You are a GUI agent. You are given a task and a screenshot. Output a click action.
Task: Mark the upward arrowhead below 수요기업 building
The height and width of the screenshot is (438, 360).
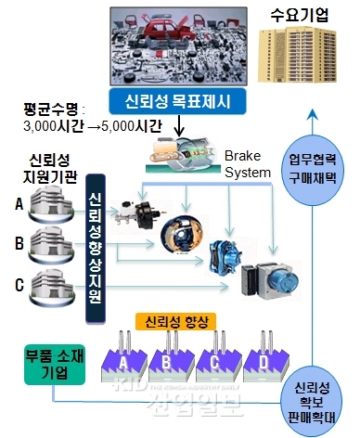[x=313, y=115]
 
